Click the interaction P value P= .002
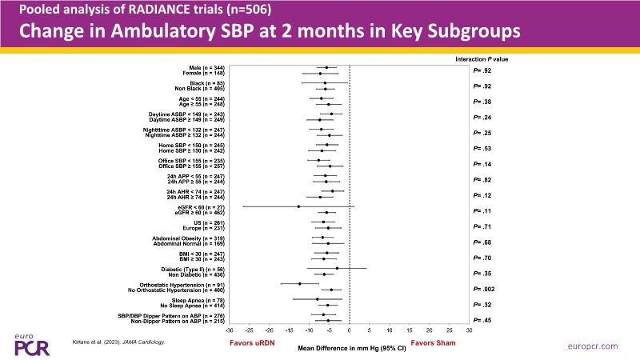click(x=484, y=287)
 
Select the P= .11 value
click(x=482, y=210)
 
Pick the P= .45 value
click(x=482, y=319)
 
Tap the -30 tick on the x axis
click(x=230, y=330)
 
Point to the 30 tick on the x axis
click(x=470, y=330)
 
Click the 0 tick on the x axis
click(x=350, y=330)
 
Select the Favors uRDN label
click(x=250, y=343)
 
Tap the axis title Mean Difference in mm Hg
click(x=340, y=349)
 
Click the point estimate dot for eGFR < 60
click(x=298, y=206)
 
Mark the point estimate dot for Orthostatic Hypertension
click(x=300, y=283)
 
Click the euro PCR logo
click(x=30, y=342)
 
